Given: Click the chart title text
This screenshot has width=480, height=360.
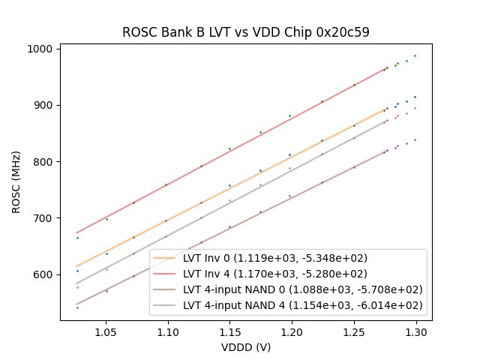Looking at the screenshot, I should pyautogui.click(x=246, y=32).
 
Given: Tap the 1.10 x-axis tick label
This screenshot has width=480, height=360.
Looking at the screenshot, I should pyautogui.click(x=168, y=331).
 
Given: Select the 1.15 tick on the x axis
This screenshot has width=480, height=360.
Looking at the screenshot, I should pyautogui.click(x=229, y=331).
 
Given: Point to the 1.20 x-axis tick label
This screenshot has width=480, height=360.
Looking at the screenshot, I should pyautogui.click(x=292, y=331).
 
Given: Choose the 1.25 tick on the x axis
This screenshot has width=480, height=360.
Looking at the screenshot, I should pyautogui.click(x=354, y=331).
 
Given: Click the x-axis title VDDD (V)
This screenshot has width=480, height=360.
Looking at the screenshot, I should pyautogui.click(x=246, y=346).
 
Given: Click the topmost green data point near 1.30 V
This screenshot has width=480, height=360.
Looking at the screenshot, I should pyautogui.click(x=415, y=55).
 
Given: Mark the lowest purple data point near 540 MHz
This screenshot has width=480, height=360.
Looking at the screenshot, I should pyautogui.click(x=77, y=307).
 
